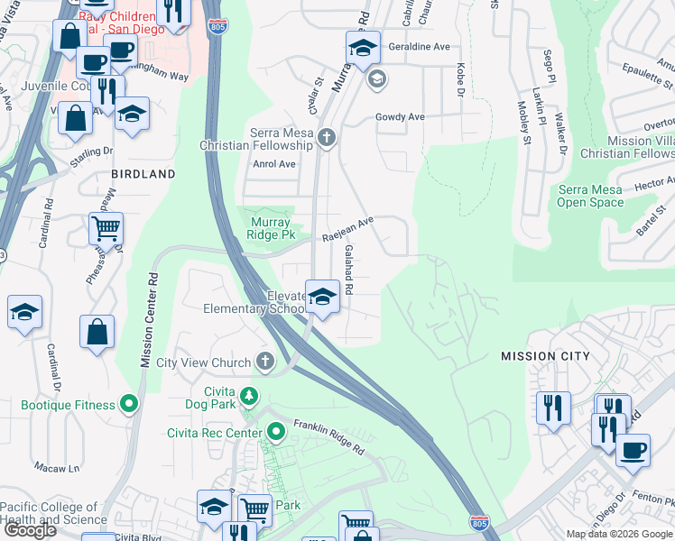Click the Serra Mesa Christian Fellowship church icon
click(327, 138)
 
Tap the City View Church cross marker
click(264, 362)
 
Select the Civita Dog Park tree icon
click(249, 396)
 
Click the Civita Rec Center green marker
click(276, 433)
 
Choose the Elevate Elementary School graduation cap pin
click(321, 297)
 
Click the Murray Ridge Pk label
click(270, 228)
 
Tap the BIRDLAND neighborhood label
click(143, 173)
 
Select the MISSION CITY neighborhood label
click(546, 356)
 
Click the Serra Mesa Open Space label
click(590, 196)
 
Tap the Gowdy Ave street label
click(400, 117)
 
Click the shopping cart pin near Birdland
click(106, 229)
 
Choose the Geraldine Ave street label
click(418, 47)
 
